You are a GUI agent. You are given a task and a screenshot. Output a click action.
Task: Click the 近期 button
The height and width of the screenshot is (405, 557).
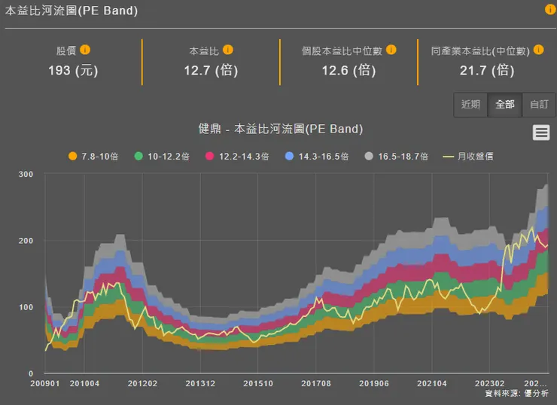pos(470,105)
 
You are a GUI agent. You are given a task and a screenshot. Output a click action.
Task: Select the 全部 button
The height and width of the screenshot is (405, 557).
pos(505,105)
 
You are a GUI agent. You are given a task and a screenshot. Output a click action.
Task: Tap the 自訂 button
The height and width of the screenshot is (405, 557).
pos(539,105)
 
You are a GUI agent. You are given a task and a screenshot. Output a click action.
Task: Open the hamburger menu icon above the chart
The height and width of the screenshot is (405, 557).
pos(540,132)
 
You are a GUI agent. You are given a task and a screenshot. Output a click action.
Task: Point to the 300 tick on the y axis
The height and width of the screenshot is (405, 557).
pos(26,175)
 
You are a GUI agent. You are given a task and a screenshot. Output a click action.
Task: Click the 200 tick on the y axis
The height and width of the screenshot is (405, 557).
pos(26,241)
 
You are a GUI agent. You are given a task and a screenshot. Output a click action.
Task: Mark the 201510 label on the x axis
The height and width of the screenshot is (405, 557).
pos(258,384)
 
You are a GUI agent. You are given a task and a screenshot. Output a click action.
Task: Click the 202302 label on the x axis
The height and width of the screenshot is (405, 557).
pos(490,384)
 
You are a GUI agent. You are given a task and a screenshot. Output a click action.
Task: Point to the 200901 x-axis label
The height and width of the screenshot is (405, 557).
pos(45,384)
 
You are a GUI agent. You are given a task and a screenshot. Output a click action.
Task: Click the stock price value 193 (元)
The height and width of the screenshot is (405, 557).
pos(73,70)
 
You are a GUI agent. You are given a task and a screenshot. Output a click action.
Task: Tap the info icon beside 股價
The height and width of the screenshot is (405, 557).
pos(85,50)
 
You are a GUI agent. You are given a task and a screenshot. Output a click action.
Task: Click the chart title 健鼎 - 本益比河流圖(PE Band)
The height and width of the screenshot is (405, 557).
pos(281,129)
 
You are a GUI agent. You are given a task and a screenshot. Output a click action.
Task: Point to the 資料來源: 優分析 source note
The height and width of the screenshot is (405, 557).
pos(516,394)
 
